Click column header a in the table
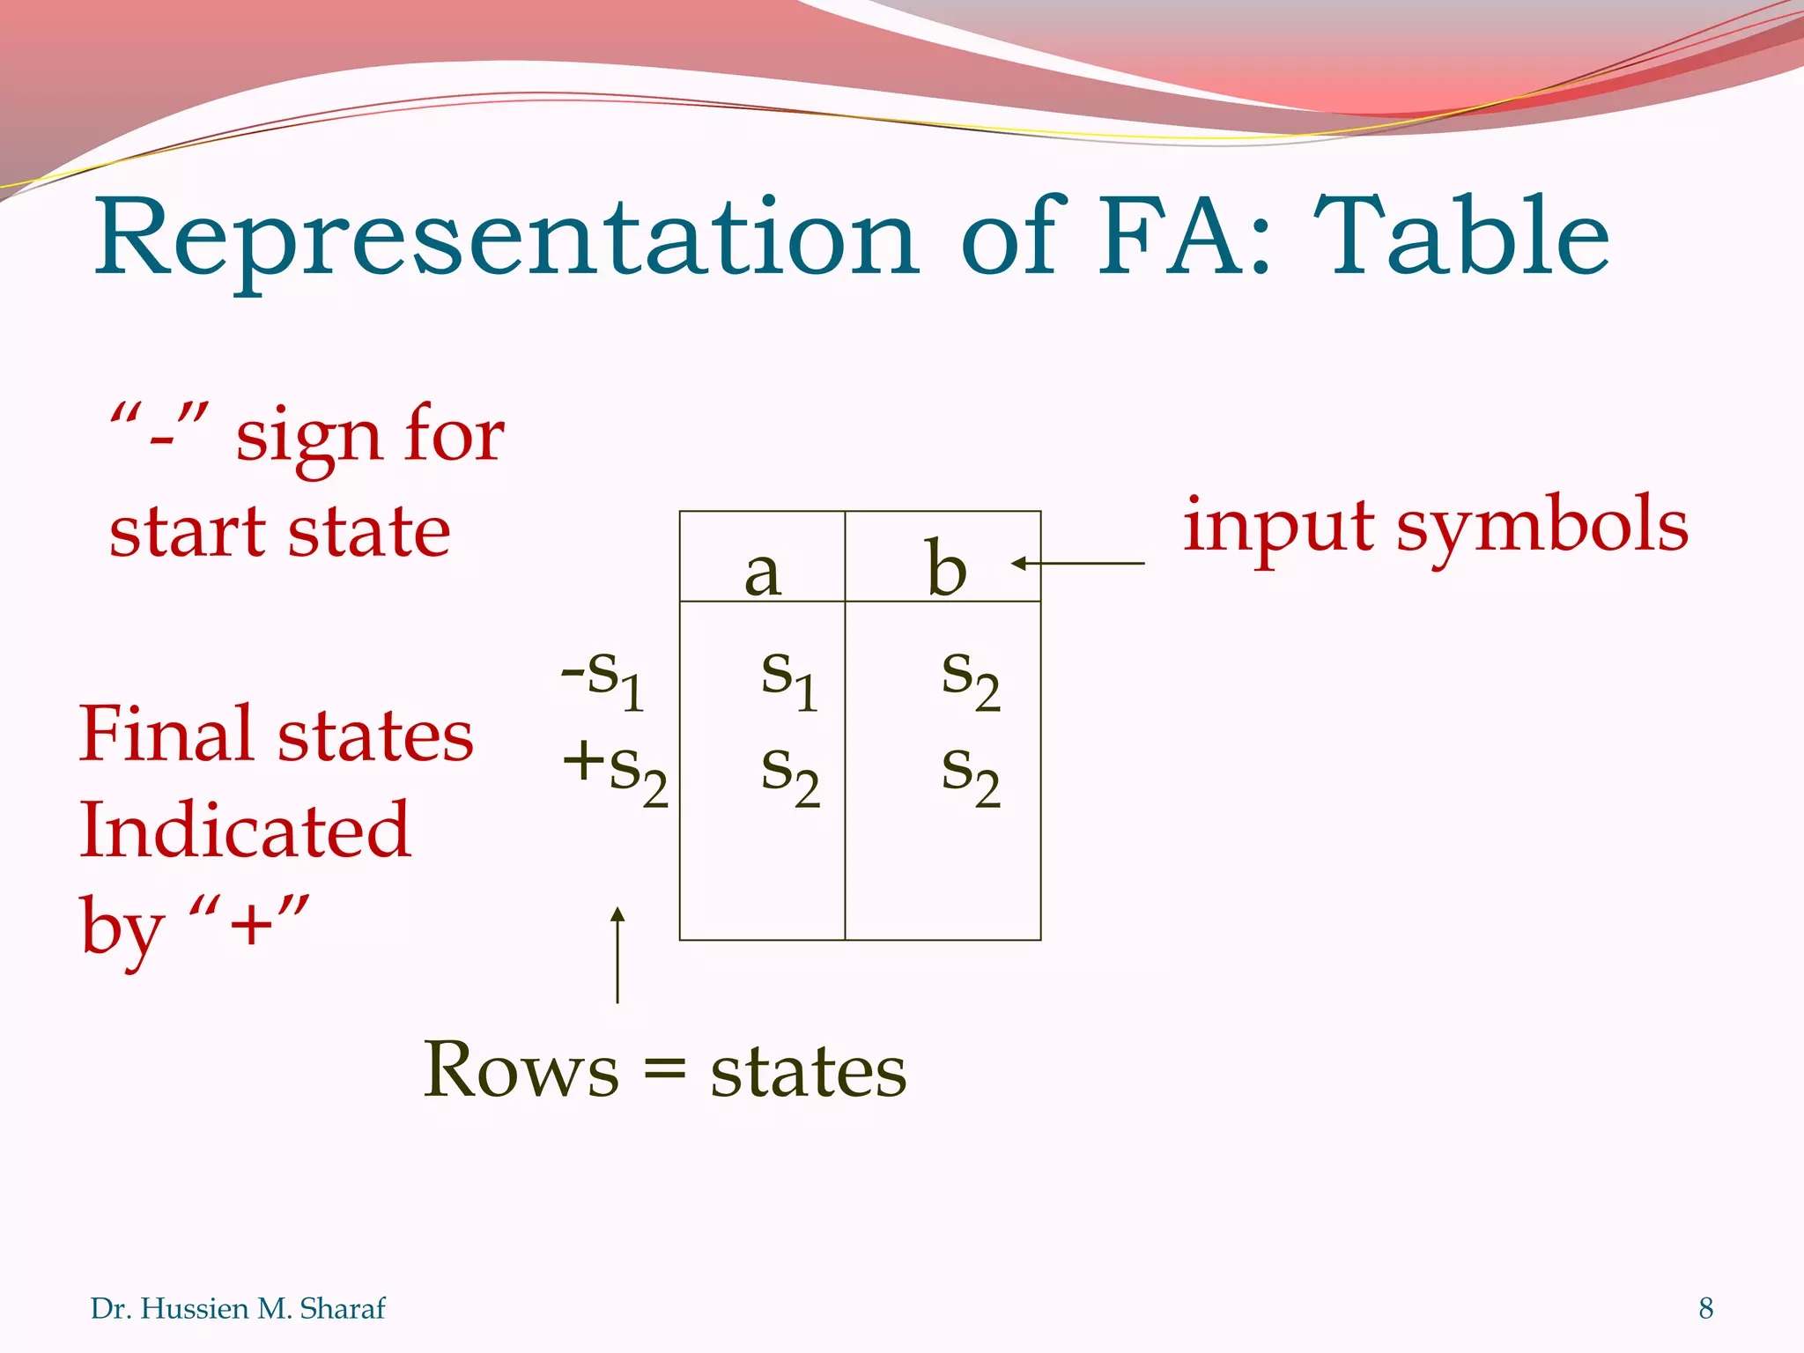762,573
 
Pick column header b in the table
946,568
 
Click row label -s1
604,678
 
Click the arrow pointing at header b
1078,563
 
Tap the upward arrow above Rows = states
617,955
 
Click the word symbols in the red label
1542,526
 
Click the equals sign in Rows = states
664,1073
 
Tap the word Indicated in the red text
245,830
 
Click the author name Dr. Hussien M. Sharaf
238,1309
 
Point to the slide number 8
1706,1309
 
